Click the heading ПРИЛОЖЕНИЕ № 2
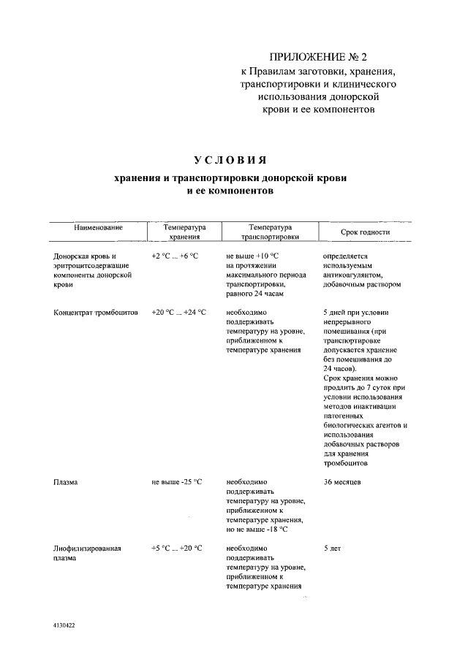point(317,57)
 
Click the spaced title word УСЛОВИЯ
point(230,160)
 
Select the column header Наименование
point(98,228)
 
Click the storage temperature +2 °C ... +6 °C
point(175,256)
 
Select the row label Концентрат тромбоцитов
point(96,312)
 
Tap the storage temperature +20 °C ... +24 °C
point(178,312)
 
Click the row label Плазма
point(65,482)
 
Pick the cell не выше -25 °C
point(176,482)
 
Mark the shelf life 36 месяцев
point(341,482)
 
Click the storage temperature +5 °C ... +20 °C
point(176,547)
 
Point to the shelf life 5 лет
point(332,547)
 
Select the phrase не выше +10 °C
point(252,256)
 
